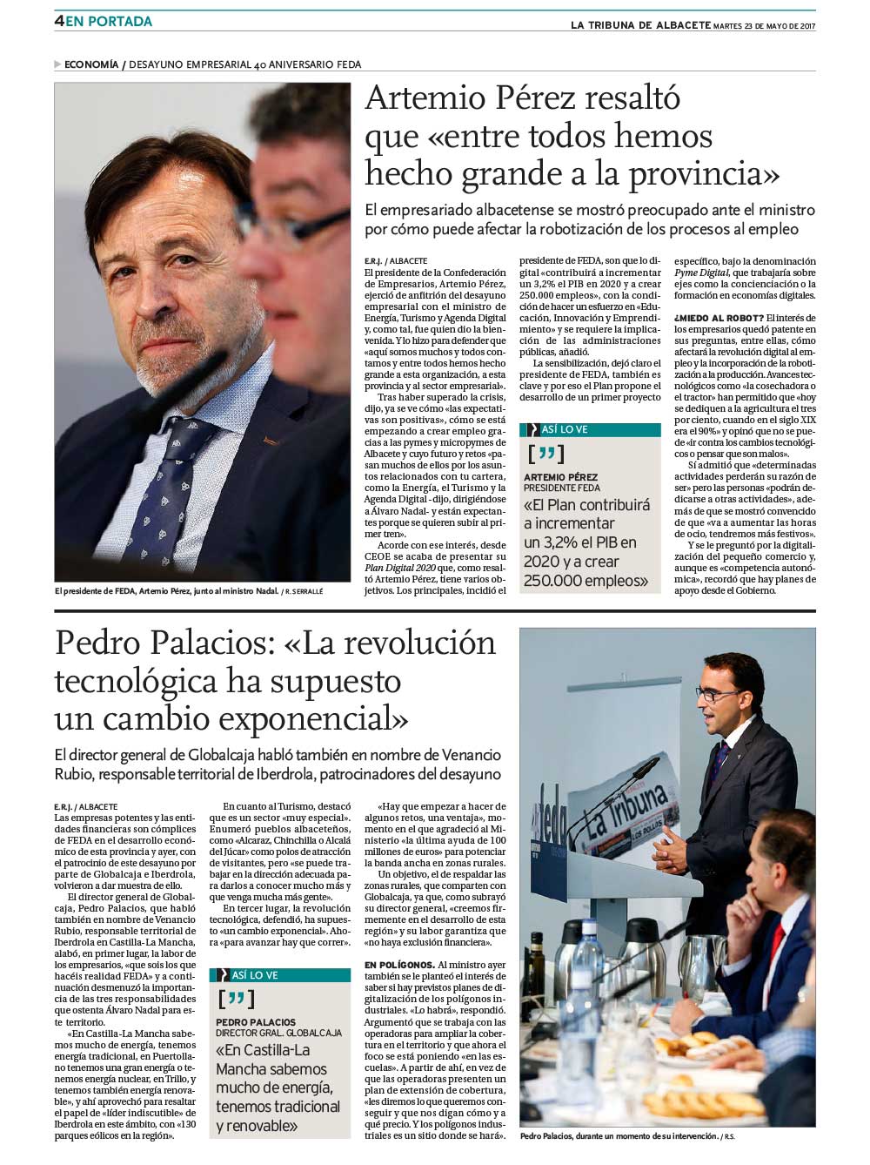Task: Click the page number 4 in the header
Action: tap(59, 21)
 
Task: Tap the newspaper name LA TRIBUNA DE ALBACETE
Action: tap(640, 25)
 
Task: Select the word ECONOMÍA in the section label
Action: tap(91, 64)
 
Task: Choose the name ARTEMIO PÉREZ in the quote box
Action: tap(560, 477)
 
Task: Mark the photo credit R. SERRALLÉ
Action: tap(304, 591)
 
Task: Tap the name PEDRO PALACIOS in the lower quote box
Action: tap(256, 1022)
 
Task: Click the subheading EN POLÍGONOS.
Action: tap(399, 965)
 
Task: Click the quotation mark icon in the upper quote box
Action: tap(546, 454)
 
